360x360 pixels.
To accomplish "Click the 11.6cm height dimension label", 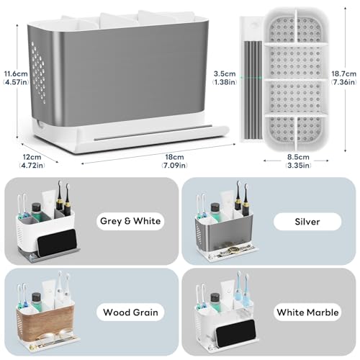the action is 16,78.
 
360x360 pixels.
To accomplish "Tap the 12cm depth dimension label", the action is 32,161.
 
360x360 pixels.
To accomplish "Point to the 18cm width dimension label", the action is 174,161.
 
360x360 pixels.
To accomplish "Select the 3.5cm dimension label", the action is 225,78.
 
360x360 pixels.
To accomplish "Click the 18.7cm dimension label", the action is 343,78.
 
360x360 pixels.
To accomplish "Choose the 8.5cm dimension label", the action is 298,161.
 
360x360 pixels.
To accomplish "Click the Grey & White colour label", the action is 130,221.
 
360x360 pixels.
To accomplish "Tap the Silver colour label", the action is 307,222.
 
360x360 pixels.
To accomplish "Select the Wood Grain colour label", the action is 130,312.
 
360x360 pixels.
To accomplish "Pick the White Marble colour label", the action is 307,312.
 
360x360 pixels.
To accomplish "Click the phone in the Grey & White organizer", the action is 57,243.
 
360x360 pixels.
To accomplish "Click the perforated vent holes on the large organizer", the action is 38,73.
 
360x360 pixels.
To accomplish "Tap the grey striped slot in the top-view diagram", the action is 253,90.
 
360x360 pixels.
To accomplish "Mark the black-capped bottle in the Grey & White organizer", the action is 37,211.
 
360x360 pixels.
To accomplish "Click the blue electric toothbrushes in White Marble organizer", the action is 243,289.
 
